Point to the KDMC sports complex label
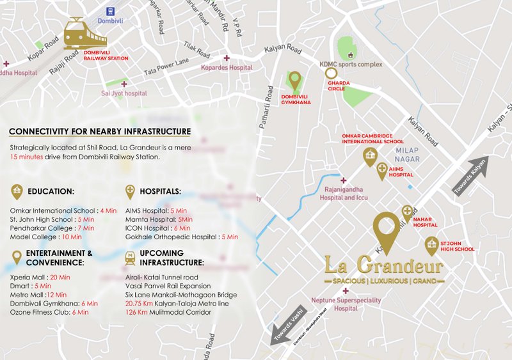coord(351,65)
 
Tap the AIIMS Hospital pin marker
coord(382,172)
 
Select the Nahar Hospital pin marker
coord(407,213)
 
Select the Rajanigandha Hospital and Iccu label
coord(345,194)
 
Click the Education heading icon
coord(17,191)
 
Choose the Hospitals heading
coord(157,191)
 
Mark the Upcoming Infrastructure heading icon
coord(130,258)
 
